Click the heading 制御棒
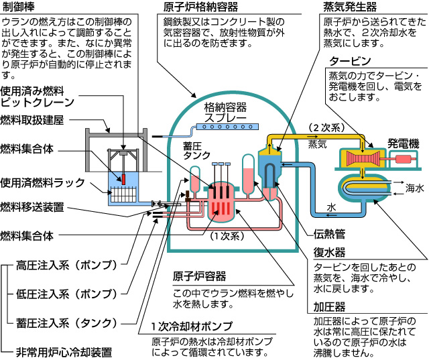click(17, 8)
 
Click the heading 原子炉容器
click(199, 276)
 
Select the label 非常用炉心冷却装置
click(65, 351)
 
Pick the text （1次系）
click(226, 235)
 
